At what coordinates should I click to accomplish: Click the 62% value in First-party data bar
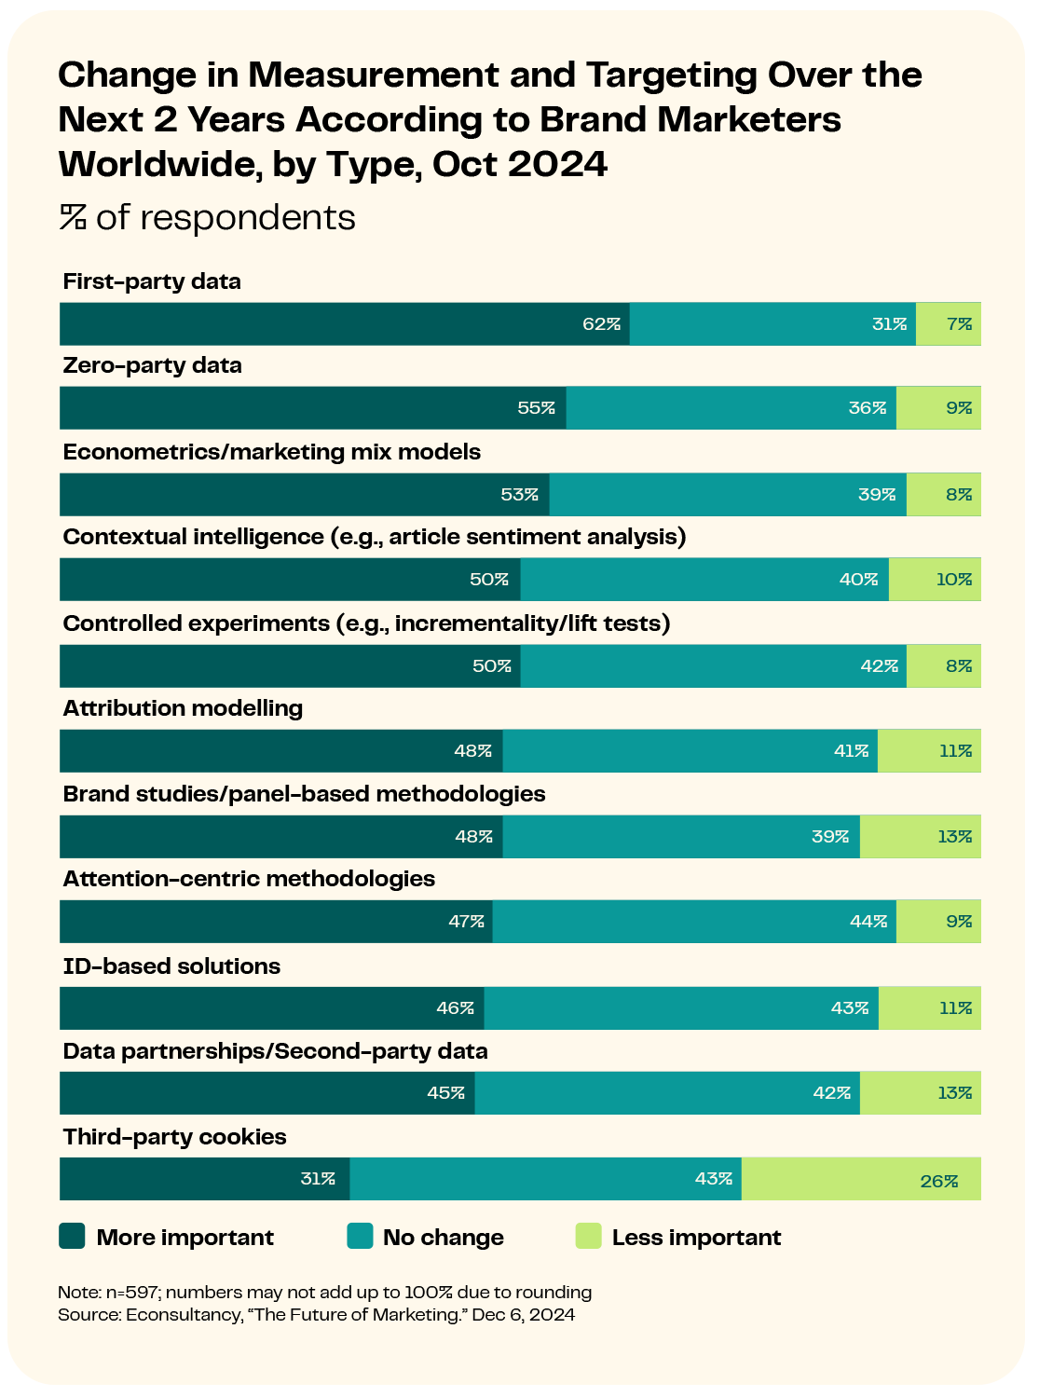(x=601, y=323)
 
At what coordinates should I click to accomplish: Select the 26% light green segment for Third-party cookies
(x=860, y=1178)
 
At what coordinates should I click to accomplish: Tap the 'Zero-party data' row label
(x=152, y=365)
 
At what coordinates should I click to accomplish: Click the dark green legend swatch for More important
(x=72, y=1236)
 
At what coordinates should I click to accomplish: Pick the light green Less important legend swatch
(x=588, y=1236)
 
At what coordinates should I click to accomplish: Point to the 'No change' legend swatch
(x=360, y=1236)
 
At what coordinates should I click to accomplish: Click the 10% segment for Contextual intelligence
(x=935, y=579)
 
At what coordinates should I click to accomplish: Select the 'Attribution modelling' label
(x=183, y=708)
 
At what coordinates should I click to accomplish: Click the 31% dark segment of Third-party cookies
(x=205, y=1178)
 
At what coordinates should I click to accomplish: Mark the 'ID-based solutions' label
(x=171, y=966)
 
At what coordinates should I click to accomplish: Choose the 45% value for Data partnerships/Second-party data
(x=445, y=1092)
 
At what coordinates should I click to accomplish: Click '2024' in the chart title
(x=557, y=164)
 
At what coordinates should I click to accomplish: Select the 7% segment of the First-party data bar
(x=948, y=323)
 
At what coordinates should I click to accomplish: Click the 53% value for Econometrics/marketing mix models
(x=520, y=495)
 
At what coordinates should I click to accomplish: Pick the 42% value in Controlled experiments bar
(x=879, y=665)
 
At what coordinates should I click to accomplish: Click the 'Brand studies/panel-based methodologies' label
(x=304, y=794)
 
